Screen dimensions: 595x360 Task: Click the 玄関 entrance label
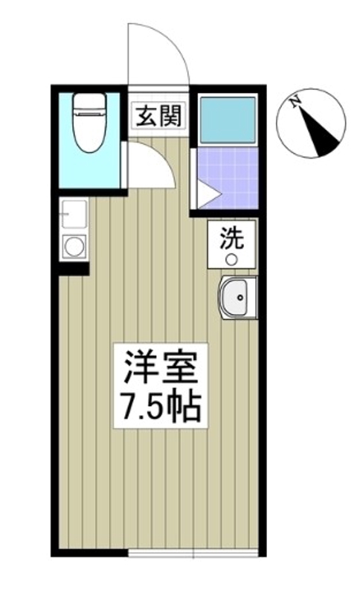(155, 116)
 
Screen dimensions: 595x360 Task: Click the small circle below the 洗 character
(231, 259)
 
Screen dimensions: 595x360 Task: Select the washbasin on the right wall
(238, 299)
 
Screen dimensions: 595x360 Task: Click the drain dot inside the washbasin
(240, 300)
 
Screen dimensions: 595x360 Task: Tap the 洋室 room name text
(159, 368)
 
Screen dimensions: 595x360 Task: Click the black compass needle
(323, 135)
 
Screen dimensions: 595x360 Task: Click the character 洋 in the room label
(138, 368)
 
